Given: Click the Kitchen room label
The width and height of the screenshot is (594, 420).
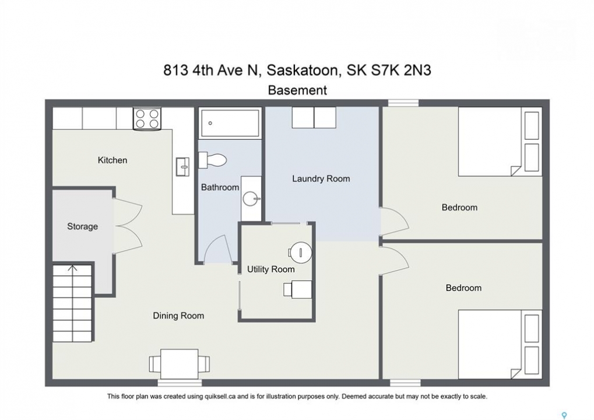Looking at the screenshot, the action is click(112, 160).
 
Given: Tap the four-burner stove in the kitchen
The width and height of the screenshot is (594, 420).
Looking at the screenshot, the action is click(147, 118).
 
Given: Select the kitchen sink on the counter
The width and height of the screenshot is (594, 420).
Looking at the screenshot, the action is click(182, 167).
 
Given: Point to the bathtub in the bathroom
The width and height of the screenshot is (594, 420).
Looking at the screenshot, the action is click(230, 123).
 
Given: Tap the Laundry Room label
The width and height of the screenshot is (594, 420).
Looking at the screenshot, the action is click(321, 179).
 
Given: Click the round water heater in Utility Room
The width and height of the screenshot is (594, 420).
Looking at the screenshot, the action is click(300, 252).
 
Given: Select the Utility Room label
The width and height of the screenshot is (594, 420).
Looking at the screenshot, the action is click(271, 269).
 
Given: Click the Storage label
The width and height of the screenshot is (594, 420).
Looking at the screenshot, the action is click(82, 227).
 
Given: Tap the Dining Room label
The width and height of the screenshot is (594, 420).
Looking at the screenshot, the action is click(178, 316).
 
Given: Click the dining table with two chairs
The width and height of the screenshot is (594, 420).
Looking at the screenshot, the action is click(179, 364).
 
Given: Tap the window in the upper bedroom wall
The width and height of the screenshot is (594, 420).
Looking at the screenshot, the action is click(403, 103).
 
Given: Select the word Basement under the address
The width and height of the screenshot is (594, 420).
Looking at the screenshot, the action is click(297, 90).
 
